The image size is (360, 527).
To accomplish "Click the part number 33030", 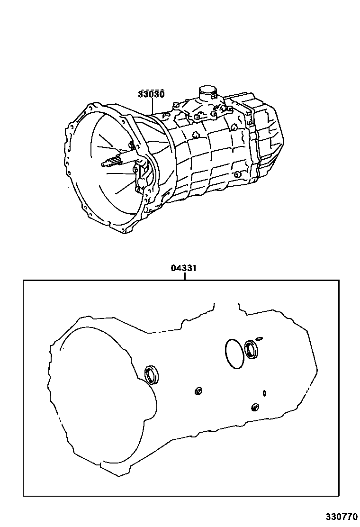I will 151,94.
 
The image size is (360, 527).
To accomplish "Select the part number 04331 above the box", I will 184,268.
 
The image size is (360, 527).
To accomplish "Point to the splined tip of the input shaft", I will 108,163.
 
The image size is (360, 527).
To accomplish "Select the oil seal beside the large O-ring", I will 252,350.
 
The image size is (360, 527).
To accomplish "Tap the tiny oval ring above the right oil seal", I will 259,338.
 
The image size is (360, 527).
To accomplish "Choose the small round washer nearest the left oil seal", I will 199,391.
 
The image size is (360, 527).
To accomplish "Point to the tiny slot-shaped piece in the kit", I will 264,393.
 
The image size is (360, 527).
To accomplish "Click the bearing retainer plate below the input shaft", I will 142,180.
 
